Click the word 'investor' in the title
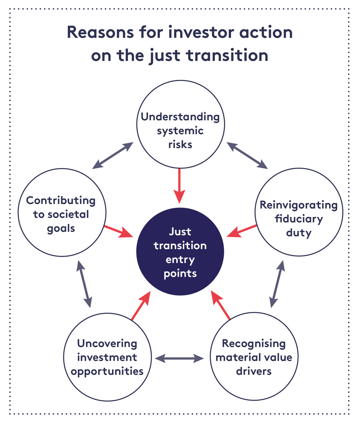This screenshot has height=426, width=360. [x=202, y=32]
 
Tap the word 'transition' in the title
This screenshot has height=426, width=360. [x=227, y=56]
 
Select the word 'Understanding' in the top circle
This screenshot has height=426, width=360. [x=180, y=117]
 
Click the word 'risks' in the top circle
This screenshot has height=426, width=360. [x=180, y=144]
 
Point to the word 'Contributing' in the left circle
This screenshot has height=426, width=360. [x=61, y=201]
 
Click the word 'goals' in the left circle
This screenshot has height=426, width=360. [x=61, y=228]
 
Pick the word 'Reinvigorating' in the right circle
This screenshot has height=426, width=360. [x=299, y=205]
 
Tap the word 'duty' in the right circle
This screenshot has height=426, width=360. [x=299, y=233]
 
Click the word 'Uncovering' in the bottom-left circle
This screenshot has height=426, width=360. [x=107, y=343]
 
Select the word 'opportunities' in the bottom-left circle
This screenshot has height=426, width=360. [x=107, y=371]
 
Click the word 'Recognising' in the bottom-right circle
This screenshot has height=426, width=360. [x=254, y=343]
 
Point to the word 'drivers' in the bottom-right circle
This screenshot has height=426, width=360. [x=254, y=371]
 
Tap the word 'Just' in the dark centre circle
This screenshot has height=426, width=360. [x=180, y=231]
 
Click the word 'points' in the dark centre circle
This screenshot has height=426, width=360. [x=180, y=274]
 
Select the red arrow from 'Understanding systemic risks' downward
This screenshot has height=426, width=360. [x=180, y=186]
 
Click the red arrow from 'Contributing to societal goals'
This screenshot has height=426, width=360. [x=118, y=231]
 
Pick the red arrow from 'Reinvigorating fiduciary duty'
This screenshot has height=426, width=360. [x=242, y=230]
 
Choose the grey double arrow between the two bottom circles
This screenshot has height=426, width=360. [x=180, y=358]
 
